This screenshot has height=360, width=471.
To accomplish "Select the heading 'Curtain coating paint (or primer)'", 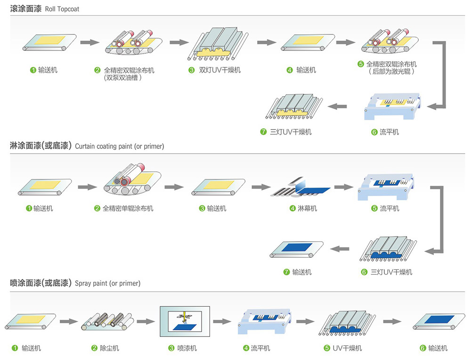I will click(119, 147).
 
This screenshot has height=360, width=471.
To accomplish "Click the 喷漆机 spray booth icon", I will click(185, 321).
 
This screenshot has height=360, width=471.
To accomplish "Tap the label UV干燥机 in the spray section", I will click(347, 348).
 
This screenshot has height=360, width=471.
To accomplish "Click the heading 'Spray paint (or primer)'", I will click(107, 284).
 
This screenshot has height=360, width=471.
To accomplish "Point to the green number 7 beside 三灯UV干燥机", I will click(263, 132).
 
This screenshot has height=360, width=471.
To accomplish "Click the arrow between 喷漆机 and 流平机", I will click(222, 321).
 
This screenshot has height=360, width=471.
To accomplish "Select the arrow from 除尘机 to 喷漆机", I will click(146, 321).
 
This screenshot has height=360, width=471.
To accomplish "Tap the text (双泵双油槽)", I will click(123, 78).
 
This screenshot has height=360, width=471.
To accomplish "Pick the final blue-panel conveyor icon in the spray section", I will click(436, 322).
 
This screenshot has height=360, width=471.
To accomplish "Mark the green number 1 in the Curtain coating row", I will click(29, 208).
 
